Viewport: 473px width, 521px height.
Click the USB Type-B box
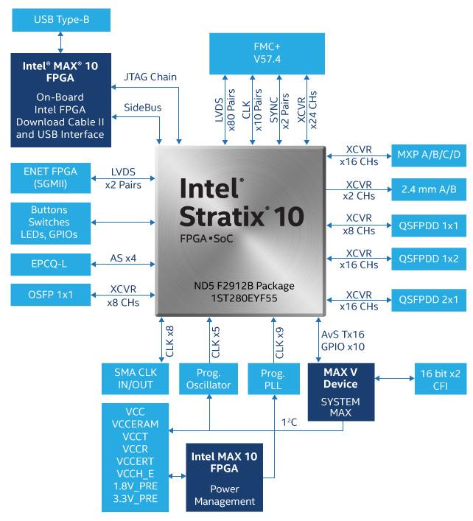pos(61,19)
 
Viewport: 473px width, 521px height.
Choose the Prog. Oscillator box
pos(209,378)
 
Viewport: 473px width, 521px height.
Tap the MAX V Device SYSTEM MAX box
pos(340,391)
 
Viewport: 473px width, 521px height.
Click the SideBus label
pos(142,108)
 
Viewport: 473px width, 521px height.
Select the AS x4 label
pos(123,257)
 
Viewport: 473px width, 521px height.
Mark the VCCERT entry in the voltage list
pos(134,461)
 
